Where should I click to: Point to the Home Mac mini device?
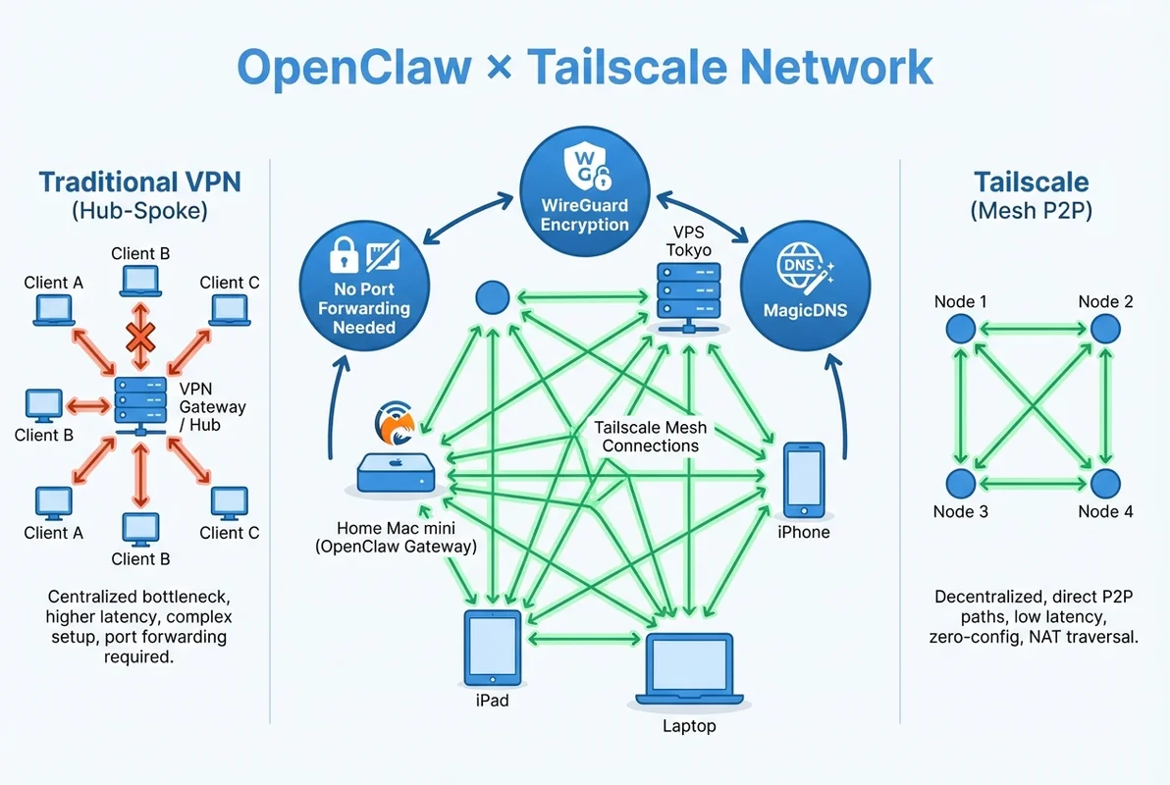tap(395, 474)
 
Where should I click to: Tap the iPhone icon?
tap(804, 480)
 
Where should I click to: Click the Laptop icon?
tap(689, 670)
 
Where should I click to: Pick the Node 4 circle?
tap(1105, 483)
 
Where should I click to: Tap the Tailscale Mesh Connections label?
tap(650, 437)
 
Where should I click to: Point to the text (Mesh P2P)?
tap(1031, 210)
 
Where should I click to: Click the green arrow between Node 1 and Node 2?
tap(1032, 330)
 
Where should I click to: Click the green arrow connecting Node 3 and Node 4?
tap(1032, 483)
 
